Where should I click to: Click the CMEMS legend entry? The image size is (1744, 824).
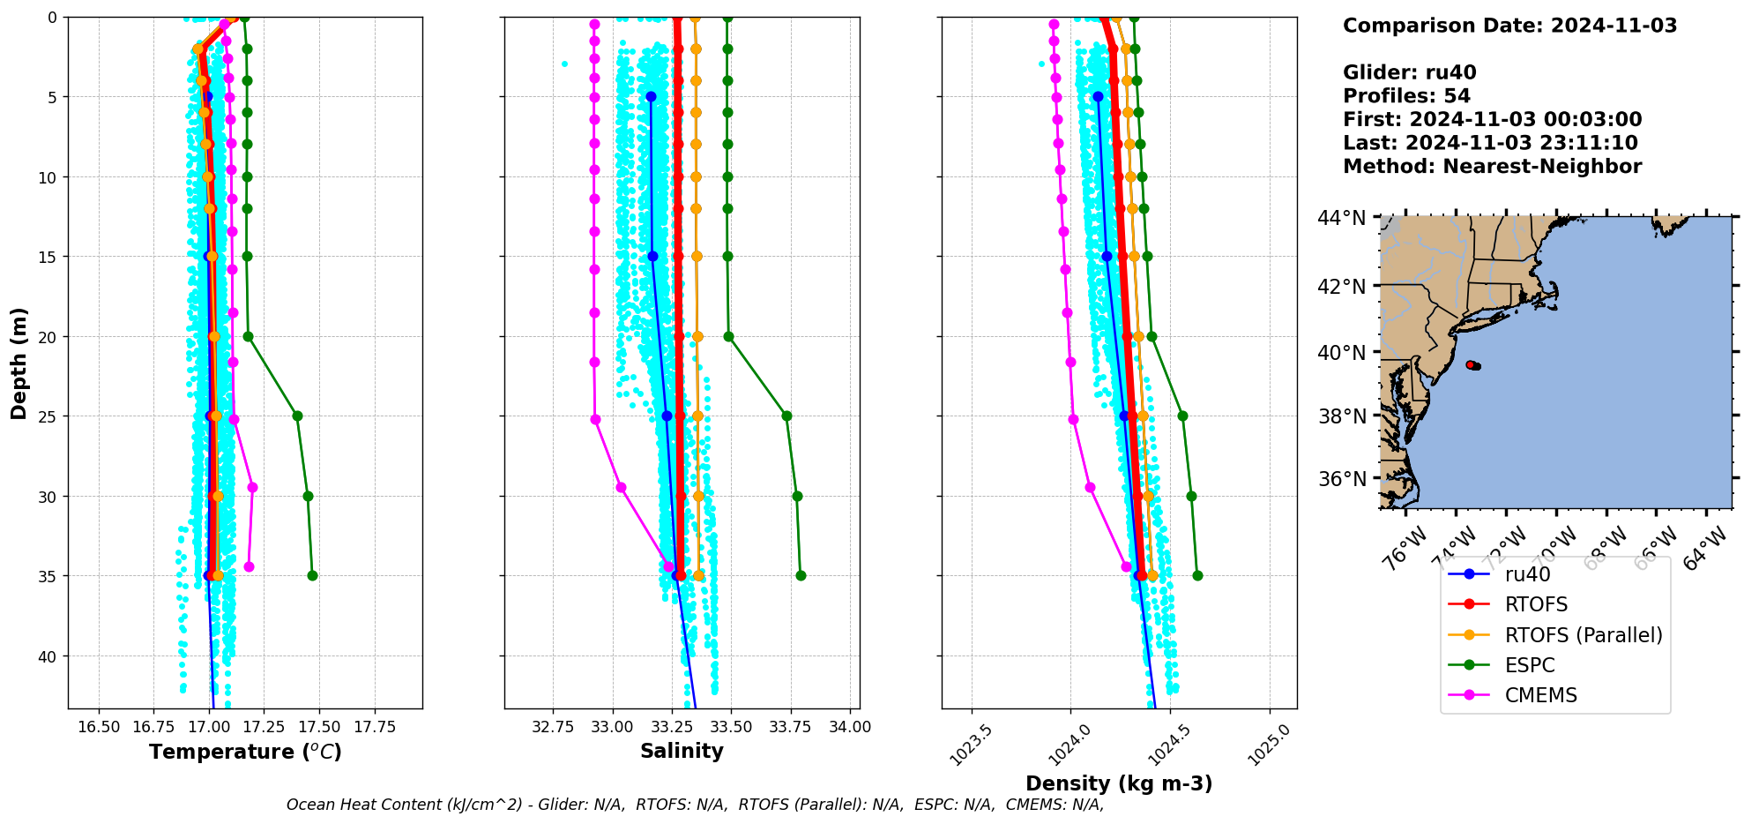[1540, 695]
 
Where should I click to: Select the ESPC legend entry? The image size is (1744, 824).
[1530, 665]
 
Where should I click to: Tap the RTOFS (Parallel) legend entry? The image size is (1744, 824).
[1583, 635]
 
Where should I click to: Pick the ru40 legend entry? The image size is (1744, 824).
[1527, 574]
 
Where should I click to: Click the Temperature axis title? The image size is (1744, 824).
[245, 752]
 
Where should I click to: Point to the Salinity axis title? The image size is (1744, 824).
[682, 751]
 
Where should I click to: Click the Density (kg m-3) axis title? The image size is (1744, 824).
[1119, 783]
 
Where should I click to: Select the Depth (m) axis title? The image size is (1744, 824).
[19, 363]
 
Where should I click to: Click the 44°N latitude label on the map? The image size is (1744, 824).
[1341, 218]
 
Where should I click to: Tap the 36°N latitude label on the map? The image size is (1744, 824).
[1341, 479]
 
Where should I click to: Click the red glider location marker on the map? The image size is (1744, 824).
[1471, 364]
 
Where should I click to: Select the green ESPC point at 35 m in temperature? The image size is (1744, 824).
[312, 575]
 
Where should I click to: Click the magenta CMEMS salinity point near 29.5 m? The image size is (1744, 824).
[621, 487]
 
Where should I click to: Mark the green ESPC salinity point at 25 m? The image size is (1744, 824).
[786, 416]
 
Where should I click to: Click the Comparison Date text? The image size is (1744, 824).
[1509, 26]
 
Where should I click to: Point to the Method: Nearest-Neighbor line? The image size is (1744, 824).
[1492, 167]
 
